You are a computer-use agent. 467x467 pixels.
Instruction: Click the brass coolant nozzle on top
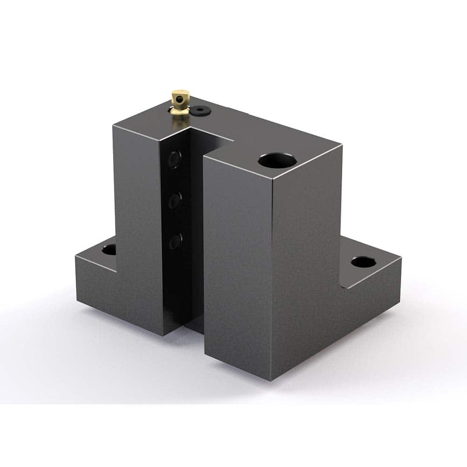pos(179,105)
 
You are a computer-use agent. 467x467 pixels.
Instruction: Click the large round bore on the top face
pos(277,162)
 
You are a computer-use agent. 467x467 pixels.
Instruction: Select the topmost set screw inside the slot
pos(175,159)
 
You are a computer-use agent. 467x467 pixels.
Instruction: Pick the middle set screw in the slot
pos(175,200)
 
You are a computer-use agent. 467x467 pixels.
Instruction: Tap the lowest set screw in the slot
pos(175,241)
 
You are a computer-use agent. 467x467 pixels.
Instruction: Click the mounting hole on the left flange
pos(109,249)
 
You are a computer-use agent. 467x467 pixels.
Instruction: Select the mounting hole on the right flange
pos(363,262)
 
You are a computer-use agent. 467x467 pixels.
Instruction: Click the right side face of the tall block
pos(306,262)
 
